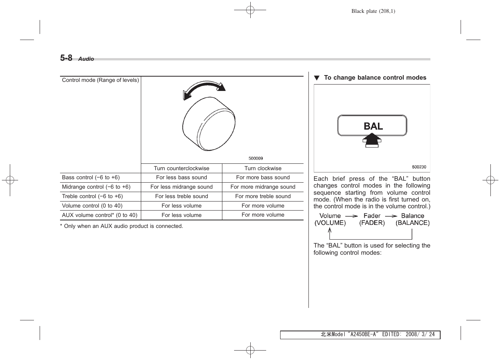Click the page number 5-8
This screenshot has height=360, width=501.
coord(66,58)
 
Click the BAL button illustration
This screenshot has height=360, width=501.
coord(372,126)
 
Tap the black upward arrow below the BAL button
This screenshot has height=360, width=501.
coord(372,142)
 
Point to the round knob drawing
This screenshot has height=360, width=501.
coord(208,125)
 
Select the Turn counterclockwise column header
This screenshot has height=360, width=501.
coord(181,168)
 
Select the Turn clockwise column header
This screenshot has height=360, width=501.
coord(263,168)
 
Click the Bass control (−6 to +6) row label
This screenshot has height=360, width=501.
coord(91,177)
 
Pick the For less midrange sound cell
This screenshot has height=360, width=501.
coord(181,187)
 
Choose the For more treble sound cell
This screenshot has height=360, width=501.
coord(263,196)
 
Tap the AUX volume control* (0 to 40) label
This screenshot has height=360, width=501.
coord(100,215)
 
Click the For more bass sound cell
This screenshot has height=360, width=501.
coord(263,177)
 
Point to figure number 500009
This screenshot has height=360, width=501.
coord(256,158)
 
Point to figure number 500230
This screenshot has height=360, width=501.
coord(419,167)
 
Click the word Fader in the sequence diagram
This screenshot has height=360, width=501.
coord(372,216)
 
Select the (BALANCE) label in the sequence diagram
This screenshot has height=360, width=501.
coord(412,223)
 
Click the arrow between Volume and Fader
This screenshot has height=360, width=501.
coord(351,216)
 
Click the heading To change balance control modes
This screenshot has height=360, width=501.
coord(375,78)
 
